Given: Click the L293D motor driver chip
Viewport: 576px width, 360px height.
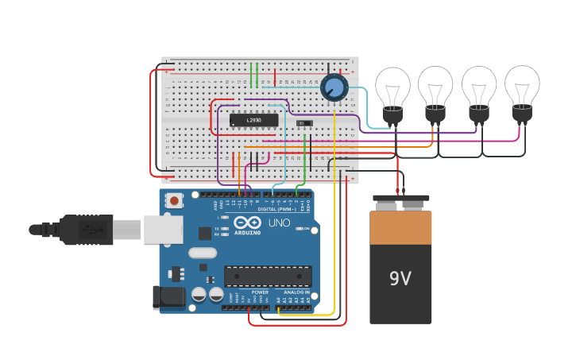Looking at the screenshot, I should pyautogui.click(x=253, y=120).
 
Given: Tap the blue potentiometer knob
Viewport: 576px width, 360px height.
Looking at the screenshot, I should pyautogui.click(x=334, y=87).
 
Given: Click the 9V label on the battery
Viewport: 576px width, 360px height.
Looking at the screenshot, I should pyautogui.click(x=400, y=279).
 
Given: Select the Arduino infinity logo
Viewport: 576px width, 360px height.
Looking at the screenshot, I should pyautogui.click(x=246, y=223).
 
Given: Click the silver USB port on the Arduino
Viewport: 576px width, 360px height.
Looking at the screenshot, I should pyautogui.click(x=164, y=230).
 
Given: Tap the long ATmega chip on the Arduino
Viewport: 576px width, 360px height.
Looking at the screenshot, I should pyautogui.click(x=267, y=276).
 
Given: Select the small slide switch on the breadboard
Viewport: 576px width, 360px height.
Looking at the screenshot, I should pyautogui.click(x=303, y=123).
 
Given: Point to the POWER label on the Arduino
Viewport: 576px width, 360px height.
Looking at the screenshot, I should pyautogui.click(x=260, y=292).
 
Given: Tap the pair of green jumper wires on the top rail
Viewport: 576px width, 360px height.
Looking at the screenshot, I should pyautogui.click(x=254, y=75).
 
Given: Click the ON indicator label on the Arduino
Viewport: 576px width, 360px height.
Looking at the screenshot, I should pyautogui.click(x=305, y=229).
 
